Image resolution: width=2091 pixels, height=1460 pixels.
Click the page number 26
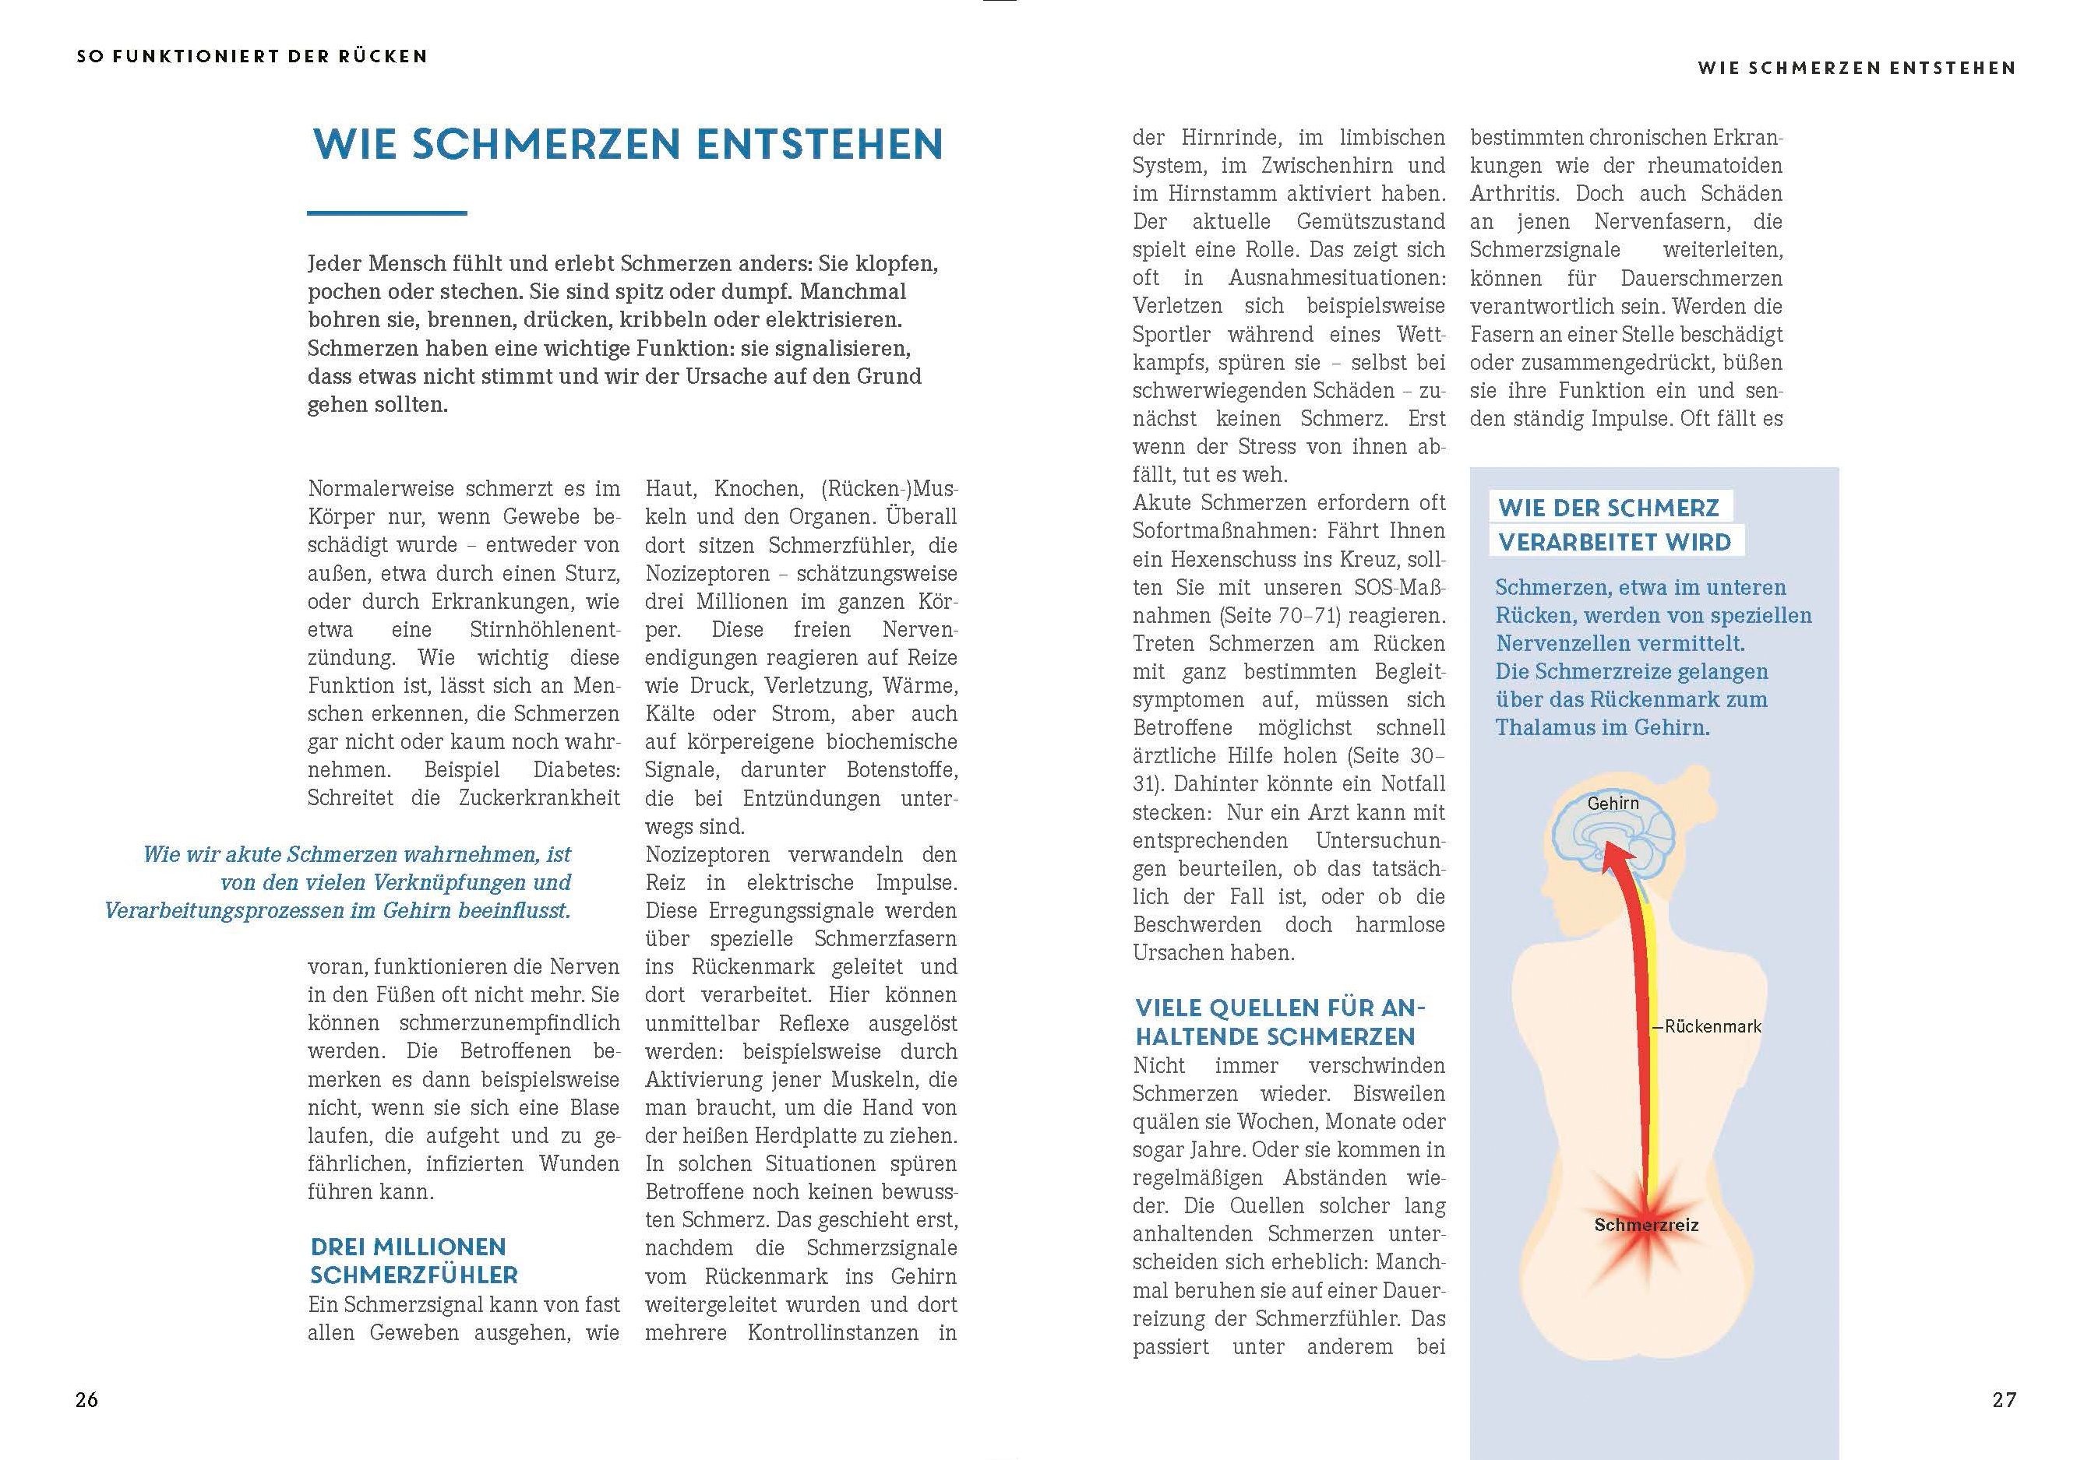click(x=86, y=1400)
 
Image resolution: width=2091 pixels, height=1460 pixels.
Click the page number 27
click(x=2004, y=1400)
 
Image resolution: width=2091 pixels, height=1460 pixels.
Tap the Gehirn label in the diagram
click(x=1613, y=803)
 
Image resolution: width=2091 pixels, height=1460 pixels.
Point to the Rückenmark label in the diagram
click(x=1712, y=1027)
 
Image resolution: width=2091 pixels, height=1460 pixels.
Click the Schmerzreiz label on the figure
click(x=1645, y=1225)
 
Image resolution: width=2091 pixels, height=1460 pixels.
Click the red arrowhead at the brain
click(x=1611, y=856)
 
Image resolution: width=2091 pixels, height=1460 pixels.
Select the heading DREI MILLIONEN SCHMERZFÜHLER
click(x=414, y=1261)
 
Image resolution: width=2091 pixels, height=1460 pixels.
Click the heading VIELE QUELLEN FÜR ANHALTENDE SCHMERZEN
click(x=1278, y=1022)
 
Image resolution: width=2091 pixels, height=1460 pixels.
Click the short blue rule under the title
click(x=387, y=213)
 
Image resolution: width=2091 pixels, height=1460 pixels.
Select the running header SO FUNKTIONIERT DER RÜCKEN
click(x=252, y=56)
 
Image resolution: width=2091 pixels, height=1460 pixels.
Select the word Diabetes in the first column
click(x=577, y=770)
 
